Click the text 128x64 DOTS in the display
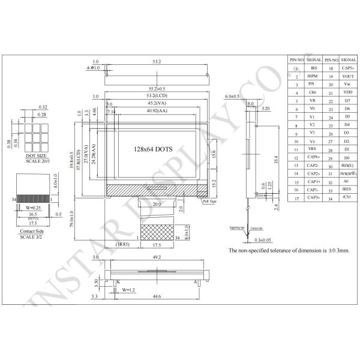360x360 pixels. pos(155,148)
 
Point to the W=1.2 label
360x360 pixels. pos(130,290)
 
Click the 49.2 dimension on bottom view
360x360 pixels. pos(157,257)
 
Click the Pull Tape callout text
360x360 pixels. pos(209,202)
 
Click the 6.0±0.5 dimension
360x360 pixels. pos(232,96)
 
